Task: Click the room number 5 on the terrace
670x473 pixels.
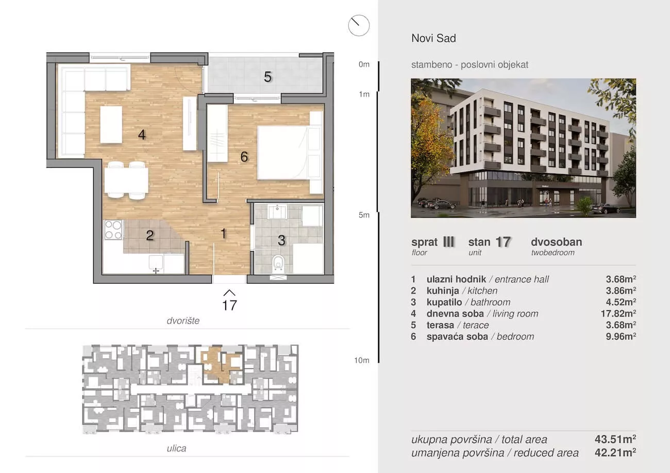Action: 267,77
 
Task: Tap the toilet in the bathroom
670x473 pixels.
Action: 278,263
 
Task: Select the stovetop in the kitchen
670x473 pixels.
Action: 113,230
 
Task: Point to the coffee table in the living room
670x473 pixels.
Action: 111,125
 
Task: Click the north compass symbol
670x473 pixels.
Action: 359,25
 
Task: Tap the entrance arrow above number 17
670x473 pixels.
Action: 229,292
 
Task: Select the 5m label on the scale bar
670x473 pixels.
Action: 364,215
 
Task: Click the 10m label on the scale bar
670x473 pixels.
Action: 362,360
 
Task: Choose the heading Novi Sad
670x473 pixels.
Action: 434,38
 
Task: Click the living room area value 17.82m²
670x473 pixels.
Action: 618,313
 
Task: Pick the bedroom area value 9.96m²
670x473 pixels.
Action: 621,337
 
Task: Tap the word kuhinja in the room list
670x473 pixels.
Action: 443,291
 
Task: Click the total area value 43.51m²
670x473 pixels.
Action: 615,439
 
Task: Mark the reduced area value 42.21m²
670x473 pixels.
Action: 615,453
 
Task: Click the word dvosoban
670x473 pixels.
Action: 556,242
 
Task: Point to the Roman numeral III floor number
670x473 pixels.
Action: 449,241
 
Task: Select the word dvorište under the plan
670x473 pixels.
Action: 183,321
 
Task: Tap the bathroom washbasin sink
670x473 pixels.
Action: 277,212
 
